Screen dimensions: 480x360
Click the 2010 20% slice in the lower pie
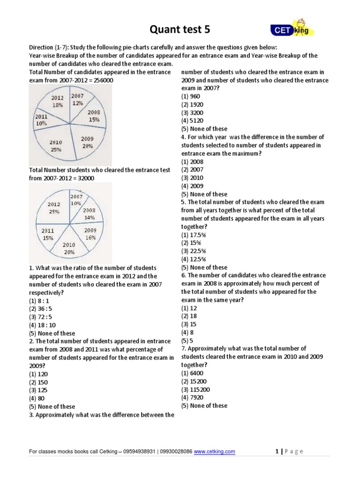coord(69,248)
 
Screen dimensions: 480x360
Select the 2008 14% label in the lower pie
coord(89,214)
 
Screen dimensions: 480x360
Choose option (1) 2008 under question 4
coord(192,162)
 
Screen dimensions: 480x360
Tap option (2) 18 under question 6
coord(188,316)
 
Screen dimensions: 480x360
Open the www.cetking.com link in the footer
coord(214,451)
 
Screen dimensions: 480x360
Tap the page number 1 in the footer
coord(277,451)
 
